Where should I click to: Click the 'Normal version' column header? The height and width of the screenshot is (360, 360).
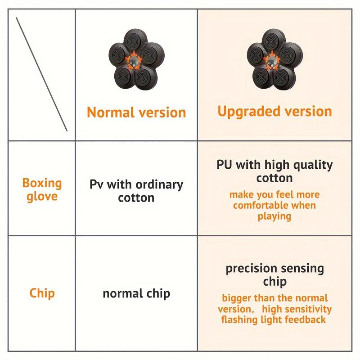click(x=136, y=112)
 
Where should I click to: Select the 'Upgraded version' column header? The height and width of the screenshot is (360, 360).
click(x=275, y=112)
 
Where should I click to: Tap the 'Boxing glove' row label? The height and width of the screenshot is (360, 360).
click(x=42, y=189)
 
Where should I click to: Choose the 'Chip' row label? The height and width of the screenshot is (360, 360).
click(x=42, y=293)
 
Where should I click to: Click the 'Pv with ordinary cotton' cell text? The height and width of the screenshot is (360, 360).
click(x=136, y=191)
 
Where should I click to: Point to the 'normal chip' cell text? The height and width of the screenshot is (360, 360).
click(x=136, y=293)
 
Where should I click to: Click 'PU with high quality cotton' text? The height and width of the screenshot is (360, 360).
click(x=274, y=171)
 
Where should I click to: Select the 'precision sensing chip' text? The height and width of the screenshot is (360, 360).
click(x=275, y=275)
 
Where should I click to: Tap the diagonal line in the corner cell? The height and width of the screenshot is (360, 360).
click(x=41, y=74)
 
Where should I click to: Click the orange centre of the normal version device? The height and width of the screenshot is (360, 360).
click(x=134, y=61)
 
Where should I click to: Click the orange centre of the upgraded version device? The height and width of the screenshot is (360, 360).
click(x=272, y=61)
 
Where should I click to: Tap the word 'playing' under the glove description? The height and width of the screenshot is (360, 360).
click(x=274, y=216)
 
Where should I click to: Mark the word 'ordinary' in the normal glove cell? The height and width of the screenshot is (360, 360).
click(x=159, y=185)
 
